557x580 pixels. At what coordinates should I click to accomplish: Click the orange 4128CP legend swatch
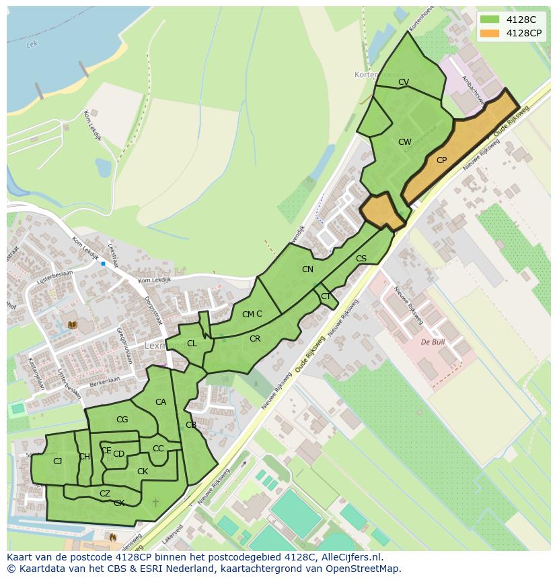point(490,33)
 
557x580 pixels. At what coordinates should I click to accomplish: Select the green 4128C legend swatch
point(490,20)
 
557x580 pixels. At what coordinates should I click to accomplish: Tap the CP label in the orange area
point(441,160)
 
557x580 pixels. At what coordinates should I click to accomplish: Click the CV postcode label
point(404,82)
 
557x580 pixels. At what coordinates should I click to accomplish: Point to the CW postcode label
point(404,142)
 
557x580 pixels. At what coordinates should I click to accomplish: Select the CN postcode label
point(307,269)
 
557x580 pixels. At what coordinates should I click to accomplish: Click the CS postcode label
point(361,259)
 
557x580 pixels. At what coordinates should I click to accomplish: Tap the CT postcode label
point(326,296)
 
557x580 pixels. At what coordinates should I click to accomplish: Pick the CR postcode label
point(255,339)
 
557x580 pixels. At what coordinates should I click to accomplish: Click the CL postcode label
point(192,344)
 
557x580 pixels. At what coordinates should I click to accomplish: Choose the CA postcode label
point(161,402)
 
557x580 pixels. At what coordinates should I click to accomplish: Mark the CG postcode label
point(122,420)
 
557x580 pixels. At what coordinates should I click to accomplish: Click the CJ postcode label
point(58,461)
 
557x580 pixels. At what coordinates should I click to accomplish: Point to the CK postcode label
point(143,472)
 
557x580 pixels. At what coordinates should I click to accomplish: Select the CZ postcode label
point(105,494)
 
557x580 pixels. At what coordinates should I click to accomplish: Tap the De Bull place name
point(433,342)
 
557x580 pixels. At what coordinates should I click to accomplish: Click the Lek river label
point(30,45)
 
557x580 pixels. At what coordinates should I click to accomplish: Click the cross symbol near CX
point(156,503)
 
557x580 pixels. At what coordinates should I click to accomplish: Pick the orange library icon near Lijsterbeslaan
point(72,325)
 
